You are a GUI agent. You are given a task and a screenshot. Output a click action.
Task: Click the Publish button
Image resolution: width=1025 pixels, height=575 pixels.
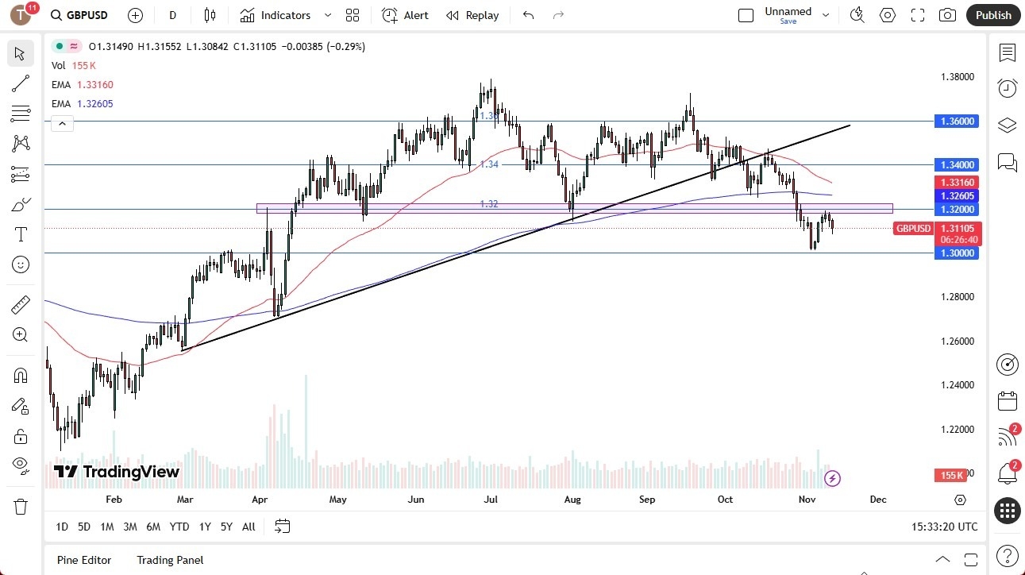[992, 15]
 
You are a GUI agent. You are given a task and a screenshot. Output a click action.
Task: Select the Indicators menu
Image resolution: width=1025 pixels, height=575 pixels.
[285, 15]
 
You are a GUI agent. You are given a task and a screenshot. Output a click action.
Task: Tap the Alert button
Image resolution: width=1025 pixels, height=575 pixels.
[405, 15]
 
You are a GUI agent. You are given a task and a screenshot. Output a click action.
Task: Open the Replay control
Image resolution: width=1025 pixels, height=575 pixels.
[472, 15]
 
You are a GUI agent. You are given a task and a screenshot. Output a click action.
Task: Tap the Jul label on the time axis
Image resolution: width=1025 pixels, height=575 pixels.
[491, 500]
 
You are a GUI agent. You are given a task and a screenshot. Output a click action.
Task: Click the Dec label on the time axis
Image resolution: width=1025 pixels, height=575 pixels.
[878, 500]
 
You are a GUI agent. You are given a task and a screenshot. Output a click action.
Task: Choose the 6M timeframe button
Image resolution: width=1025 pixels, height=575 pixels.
[153, 527]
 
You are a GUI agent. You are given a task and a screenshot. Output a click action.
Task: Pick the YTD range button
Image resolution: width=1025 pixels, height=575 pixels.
[179, 527]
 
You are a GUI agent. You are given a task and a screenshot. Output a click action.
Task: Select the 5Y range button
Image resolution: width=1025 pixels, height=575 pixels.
[226, 527]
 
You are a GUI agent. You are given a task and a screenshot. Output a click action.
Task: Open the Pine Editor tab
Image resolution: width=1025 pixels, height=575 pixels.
[84, 560]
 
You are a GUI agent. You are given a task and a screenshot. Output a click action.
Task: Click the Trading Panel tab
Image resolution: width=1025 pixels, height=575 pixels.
[170, 560]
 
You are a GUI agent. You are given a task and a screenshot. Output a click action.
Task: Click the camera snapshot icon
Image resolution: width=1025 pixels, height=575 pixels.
[947, 15]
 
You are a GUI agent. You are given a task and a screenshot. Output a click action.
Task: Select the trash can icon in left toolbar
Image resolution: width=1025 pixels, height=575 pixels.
[21, 506]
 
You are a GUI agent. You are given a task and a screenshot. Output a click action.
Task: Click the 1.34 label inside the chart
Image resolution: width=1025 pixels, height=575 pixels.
[489, 164]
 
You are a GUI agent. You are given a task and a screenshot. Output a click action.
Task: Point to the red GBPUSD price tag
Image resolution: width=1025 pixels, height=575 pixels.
[913, 229]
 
